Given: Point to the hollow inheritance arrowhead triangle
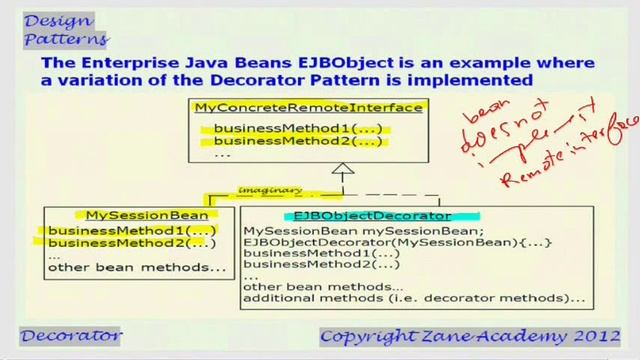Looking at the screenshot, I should pos(344,172).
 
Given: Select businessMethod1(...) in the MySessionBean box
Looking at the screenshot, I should pos(132,230).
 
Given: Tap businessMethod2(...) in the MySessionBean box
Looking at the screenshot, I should pos(132,243).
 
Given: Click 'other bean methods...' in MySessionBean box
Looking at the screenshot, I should pos(137,267).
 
